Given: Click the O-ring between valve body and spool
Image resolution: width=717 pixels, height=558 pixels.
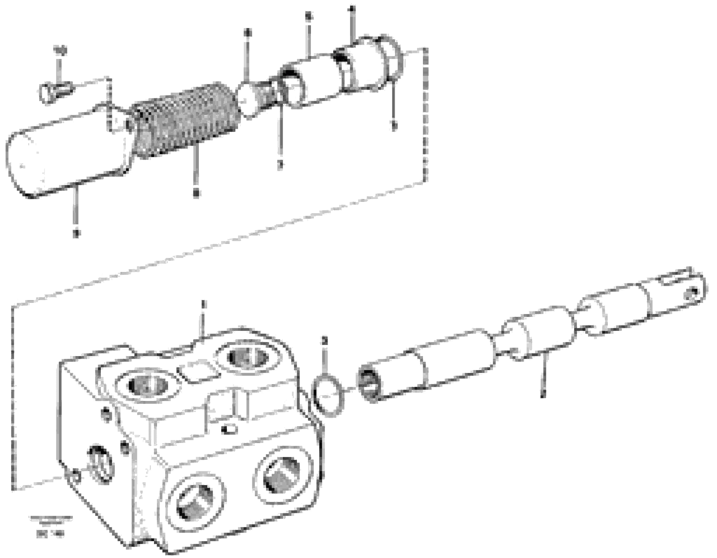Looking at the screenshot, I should (x=328, y=397).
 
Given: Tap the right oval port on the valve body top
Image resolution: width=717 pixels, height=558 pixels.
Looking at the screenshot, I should (x=248, y=357).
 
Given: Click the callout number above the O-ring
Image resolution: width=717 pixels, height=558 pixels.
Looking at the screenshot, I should (x=324, y=341).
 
